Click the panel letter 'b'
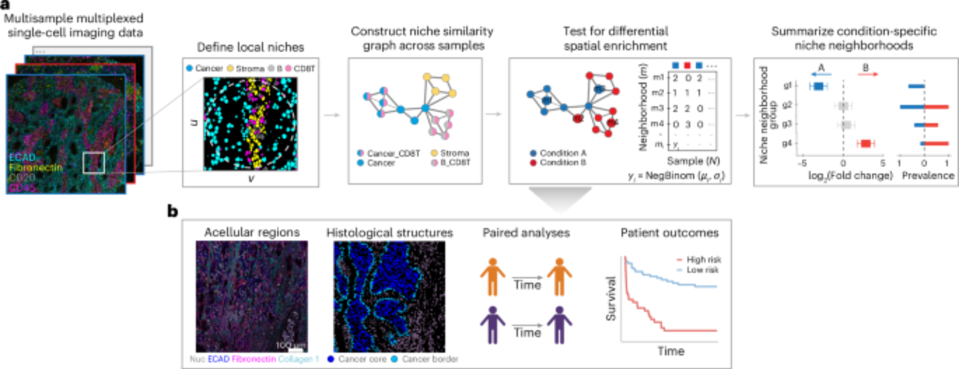pos(173,211)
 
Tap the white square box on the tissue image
pos(94,162)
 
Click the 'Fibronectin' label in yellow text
pos(35,167)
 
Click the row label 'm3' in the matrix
pos(657,108)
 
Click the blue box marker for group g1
pos(819,86)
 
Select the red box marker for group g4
pos(865,143)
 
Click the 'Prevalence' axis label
pos(928,175)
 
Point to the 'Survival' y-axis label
pos(610,298)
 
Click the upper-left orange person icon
pos(492,277)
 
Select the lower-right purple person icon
pos(560,325)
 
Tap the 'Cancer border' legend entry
pos(430,359)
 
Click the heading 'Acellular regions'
pos(252,232)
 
